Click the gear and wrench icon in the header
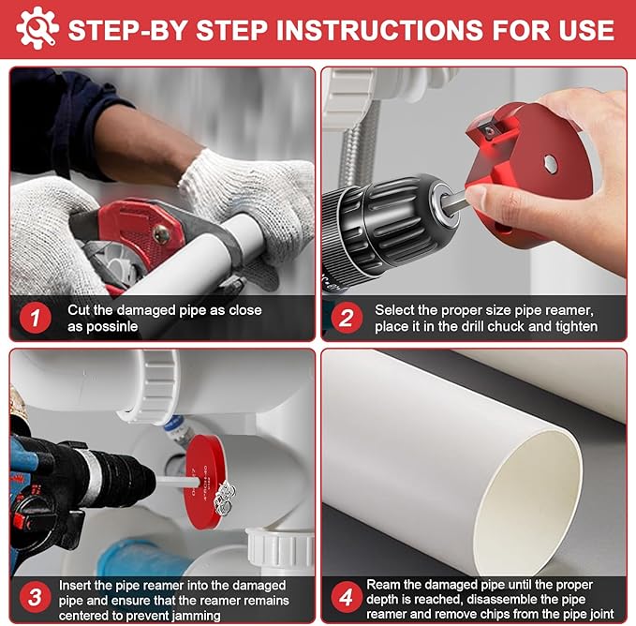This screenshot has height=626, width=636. tap(37, 28)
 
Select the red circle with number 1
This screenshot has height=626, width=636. tap(36, 318)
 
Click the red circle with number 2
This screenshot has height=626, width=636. tap(347, 318)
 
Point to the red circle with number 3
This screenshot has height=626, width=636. tap(36, 597)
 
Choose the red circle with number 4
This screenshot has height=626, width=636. tap(347, 597)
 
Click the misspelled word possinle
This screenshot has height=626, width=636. tap(103, 327)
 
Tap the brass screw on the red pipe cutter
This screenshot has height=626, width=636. tap(161, 234)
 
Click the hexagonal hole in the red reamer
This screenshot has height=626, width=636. tap(550, 163)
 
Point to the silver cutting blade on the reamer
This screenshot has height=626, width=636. tap(489, 129)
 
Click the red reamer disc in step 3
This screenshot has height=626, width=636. tap(203, 482)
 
